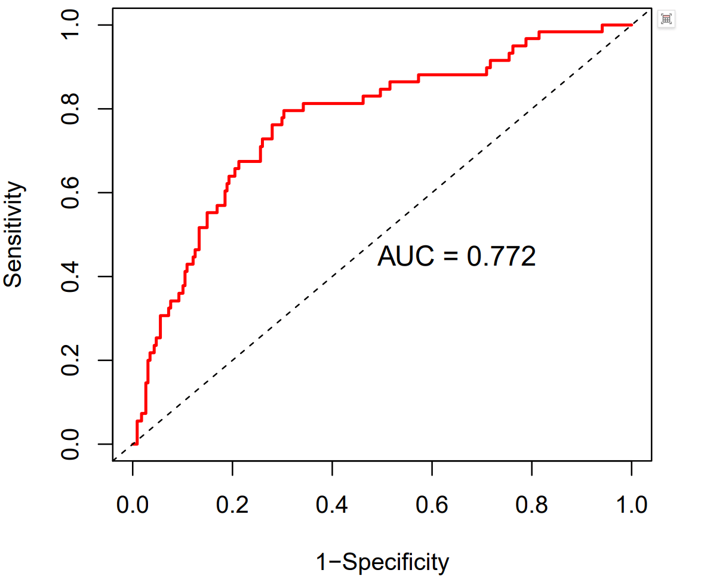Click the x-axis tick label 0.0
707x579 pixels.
133,506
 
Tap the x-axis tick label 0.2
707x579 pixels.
232,506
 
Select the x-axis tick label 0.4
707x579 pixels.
332,506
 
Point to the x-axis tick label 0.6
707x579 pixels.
432,506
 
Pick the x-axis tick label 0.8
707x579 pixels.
531,506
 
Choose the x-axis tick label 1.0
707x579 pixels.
631,506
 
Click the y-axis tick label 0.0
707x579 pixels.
71,444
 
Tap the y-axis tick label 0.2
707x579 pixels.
71,361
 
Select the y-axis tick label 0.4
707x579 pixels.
71,276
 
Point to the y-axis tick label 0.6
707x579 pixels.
71,193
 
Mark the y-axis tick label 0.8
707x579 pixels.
71,109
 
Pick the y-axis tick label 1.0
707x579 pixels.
71,25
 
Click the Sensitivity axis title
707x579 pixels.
14,235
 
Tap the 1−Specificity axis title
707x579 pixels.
382,562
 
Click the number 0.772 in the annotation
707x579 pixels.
501,257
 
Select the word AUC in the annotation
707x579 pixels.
402,257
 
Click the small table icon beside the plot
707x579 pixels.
666,19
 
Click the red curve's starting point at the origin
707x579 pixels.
133,444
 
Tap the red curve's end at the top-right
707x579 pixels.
631,25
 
